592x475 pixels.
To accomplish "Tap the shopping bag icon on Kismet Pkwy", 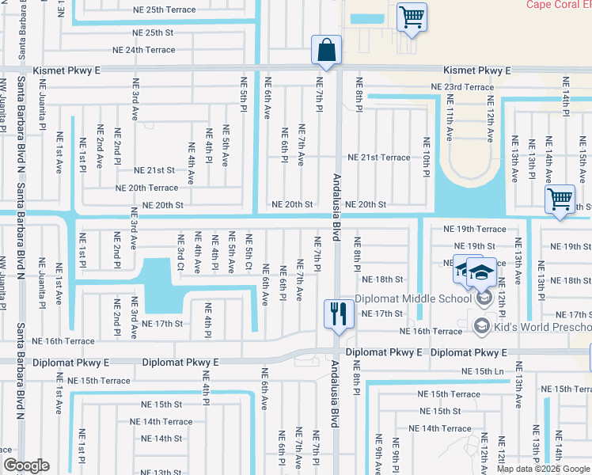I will coord(326,50).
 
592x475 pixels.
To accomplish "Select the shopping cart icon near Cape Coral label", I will coord(412,17).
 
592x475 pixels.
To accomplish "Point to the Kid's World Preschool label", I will coord(542,327).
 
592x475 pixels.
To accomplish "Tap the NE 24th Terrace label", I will coord(144,49).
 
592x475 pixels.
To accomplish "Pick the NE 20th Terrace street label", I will coord(146,188).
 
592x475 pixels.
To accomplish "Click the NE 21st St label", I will coord(154,170).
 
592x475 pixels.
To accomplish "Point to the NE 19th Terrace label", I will coord(474,229).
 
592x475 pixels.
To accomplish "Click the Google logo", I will coord(26,465).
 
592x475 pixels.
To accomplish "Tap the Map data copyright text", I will coord(543,469).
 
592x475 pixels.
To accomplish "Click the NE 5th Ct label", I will coord(249,252).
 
